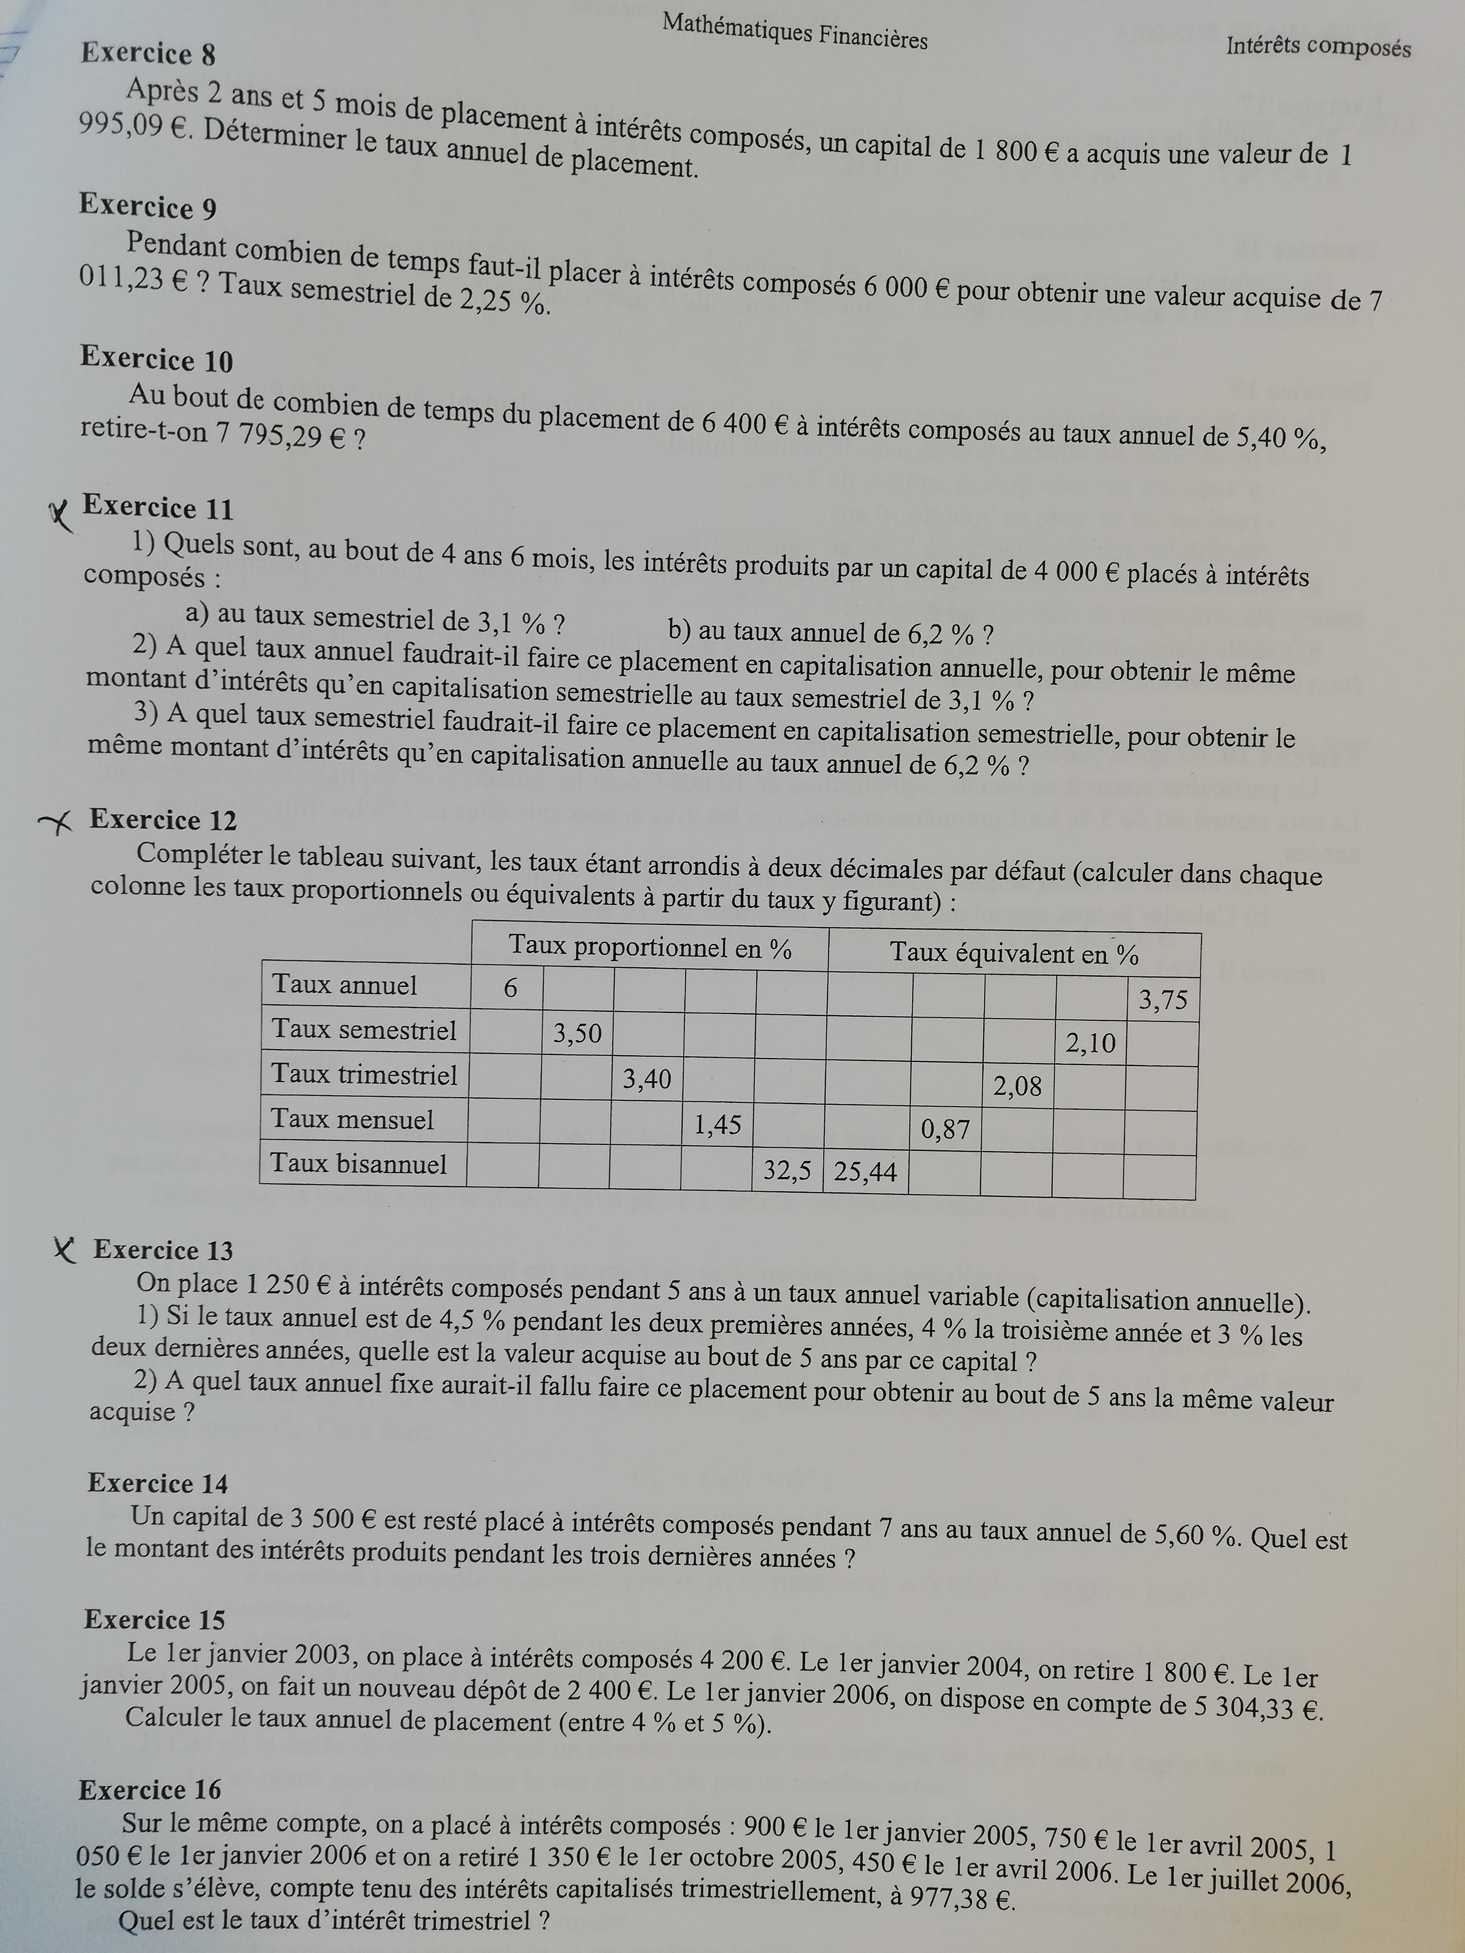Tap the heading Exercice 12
pos(163,820)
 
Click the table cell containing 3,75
pos(1163,1000)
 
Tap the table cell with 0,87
pos(945,1129)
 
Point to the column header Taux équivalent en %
pos(1014,954)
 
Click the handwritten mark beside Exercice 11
pos(60,517)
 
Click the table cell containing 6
pos(510,988)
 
